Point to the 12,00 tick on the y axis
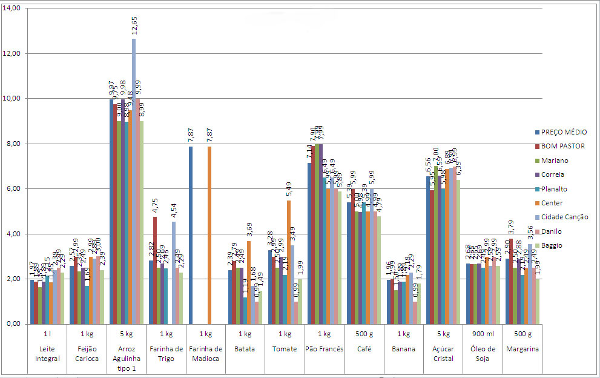[x=12, y=53]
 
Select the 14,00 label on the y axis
[x=12, y=8]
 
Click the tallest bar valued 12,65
[x=134, y=182]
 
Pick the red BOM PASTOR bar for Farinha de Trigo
[x=155, y=270]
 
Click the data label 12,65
[x=134, y=27]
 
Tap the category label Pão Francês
[x=324, y=349]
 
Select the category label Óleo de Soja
[x=482, y=353]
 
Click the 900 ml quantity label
[x=482, y=333]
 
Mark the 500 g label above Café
[x=363, y=333]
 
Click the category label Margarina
[x=522, y=349]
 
